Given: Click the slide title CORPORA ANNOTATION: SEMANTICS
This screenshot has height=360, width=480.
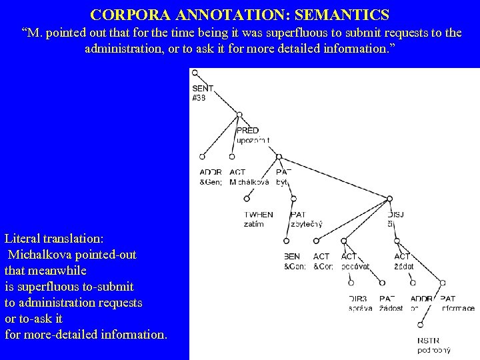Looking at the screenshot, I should click(239, 13).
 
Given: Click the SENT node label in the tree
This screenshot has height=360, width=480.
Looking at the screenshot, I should click(203, 88).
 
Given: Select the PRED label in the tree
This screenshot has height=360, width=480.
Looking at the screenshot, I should click(247, 131).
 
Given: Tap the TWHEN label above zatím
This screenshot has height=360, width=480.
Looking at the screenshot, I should click(258, 215).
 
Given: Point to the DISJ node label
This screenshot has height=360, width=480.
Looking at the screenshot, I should click(395, 215).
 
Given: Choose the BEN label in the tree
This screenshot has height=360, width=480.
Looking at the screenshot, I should click(292, 257).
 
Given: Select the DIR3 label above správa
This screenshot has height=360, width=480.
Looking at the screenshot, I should click(357, 299).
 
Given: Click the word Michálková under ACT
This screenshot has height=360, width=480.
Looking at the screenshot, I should click(249, 182).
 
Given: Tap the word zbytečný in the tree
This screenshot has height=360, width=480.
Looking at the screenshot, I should click(307, 224).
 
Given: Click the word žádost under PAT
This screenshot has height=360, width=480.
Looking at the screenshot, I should click(391, 308).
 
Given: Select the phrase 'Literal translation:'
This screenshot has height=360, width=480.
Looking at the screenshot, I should click(54, 239).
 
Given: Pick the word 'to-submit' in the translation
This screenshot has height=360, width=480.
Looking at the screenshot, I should click(107, 287).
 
